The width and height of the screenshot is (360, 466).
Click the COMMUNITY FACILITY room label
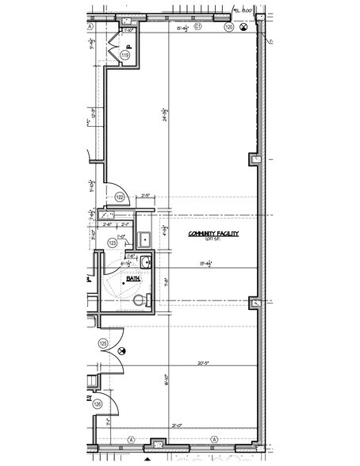point(213,234)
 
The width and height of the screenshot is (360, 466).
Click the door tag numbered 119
point(124,55)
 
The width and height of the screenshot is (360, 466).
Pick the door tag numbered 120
point(229,27)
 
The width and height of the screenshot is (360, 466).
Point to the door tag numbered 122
point(121,197)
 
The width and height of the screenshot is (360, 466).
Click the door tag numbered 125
point(102,343)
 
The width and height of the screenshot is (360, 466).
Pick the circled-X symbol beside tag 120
point(244,27)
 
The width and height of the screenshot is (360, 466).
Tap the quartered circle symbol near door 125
point(121,349)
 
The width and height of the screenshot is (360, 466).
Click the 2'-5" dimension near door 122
point(146,195)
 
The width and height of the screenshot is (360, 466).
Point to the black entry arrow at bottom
point(147,457)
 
